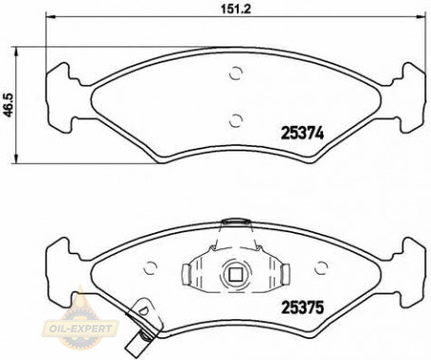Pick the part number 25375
click(x=301, y=306)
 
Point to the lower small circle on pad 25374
click(x=236, y=118)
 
